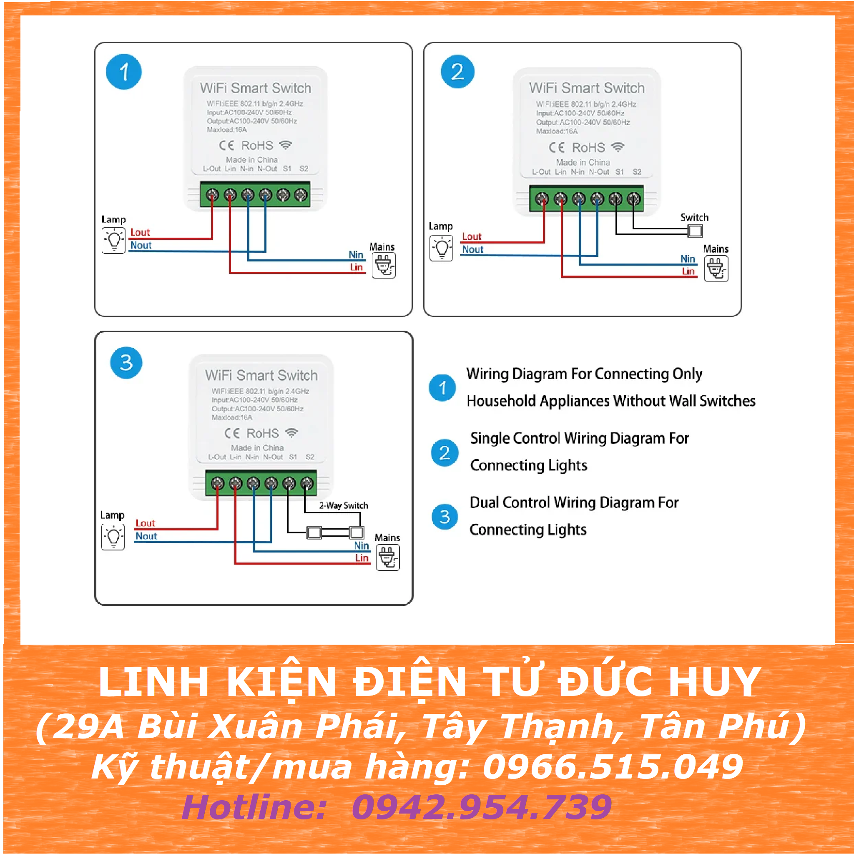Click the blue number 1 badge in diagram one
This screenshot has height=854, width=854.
(124, 72)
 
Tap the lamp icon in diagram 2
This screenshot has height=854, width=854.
(441, 248)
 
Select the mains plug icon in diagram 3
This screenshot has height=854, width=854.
(388, 558)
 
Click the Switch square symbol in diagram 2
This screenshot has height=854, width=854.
(695, 231)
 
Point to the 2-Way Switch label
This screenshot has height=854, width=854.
(344, 505)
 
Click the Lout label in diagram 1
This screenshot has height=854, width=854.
(140, 233)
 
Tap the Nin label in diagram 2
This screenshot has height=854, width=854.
(688, 259)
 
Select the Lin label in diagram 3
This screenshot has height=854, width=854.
(362, 558)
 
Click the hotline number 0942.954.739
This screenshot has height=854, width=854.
(482, 807)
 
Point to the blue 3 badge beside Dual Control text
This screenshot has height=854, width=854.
(445, 516)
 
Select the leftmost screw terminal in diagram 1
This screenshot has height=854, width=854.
(213, 194)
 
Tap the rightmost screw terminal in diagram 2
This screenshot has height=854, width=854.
(634, 199)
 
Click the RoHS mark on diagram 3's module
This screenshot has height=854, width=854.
(263, 433)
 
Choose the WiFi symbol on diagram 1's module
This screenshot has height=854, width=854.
(286, 145)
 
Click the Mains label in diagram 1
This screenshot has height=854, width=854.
(382, 247)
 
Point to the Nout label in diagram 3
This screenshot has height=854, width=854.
(146, 536)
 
